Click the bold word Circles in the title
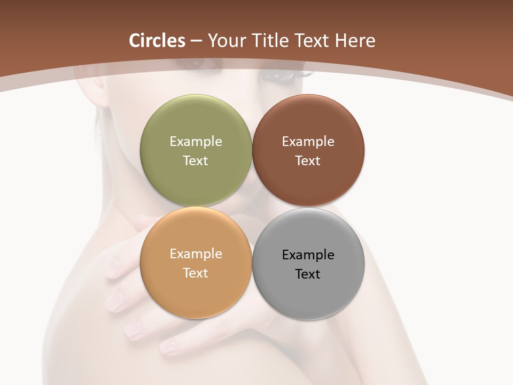point(157,41)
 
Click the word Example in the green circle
point(196,141)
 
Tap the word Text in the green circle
point(196,160)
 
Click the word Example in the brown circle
point(308,141)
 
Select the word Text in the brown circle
point(308,160)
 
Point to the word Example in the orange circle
point(196,253)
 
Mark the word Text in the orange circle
point(196,273)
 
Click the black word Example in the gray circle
point(308,255)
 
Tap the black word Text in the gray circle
point(308,274)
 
